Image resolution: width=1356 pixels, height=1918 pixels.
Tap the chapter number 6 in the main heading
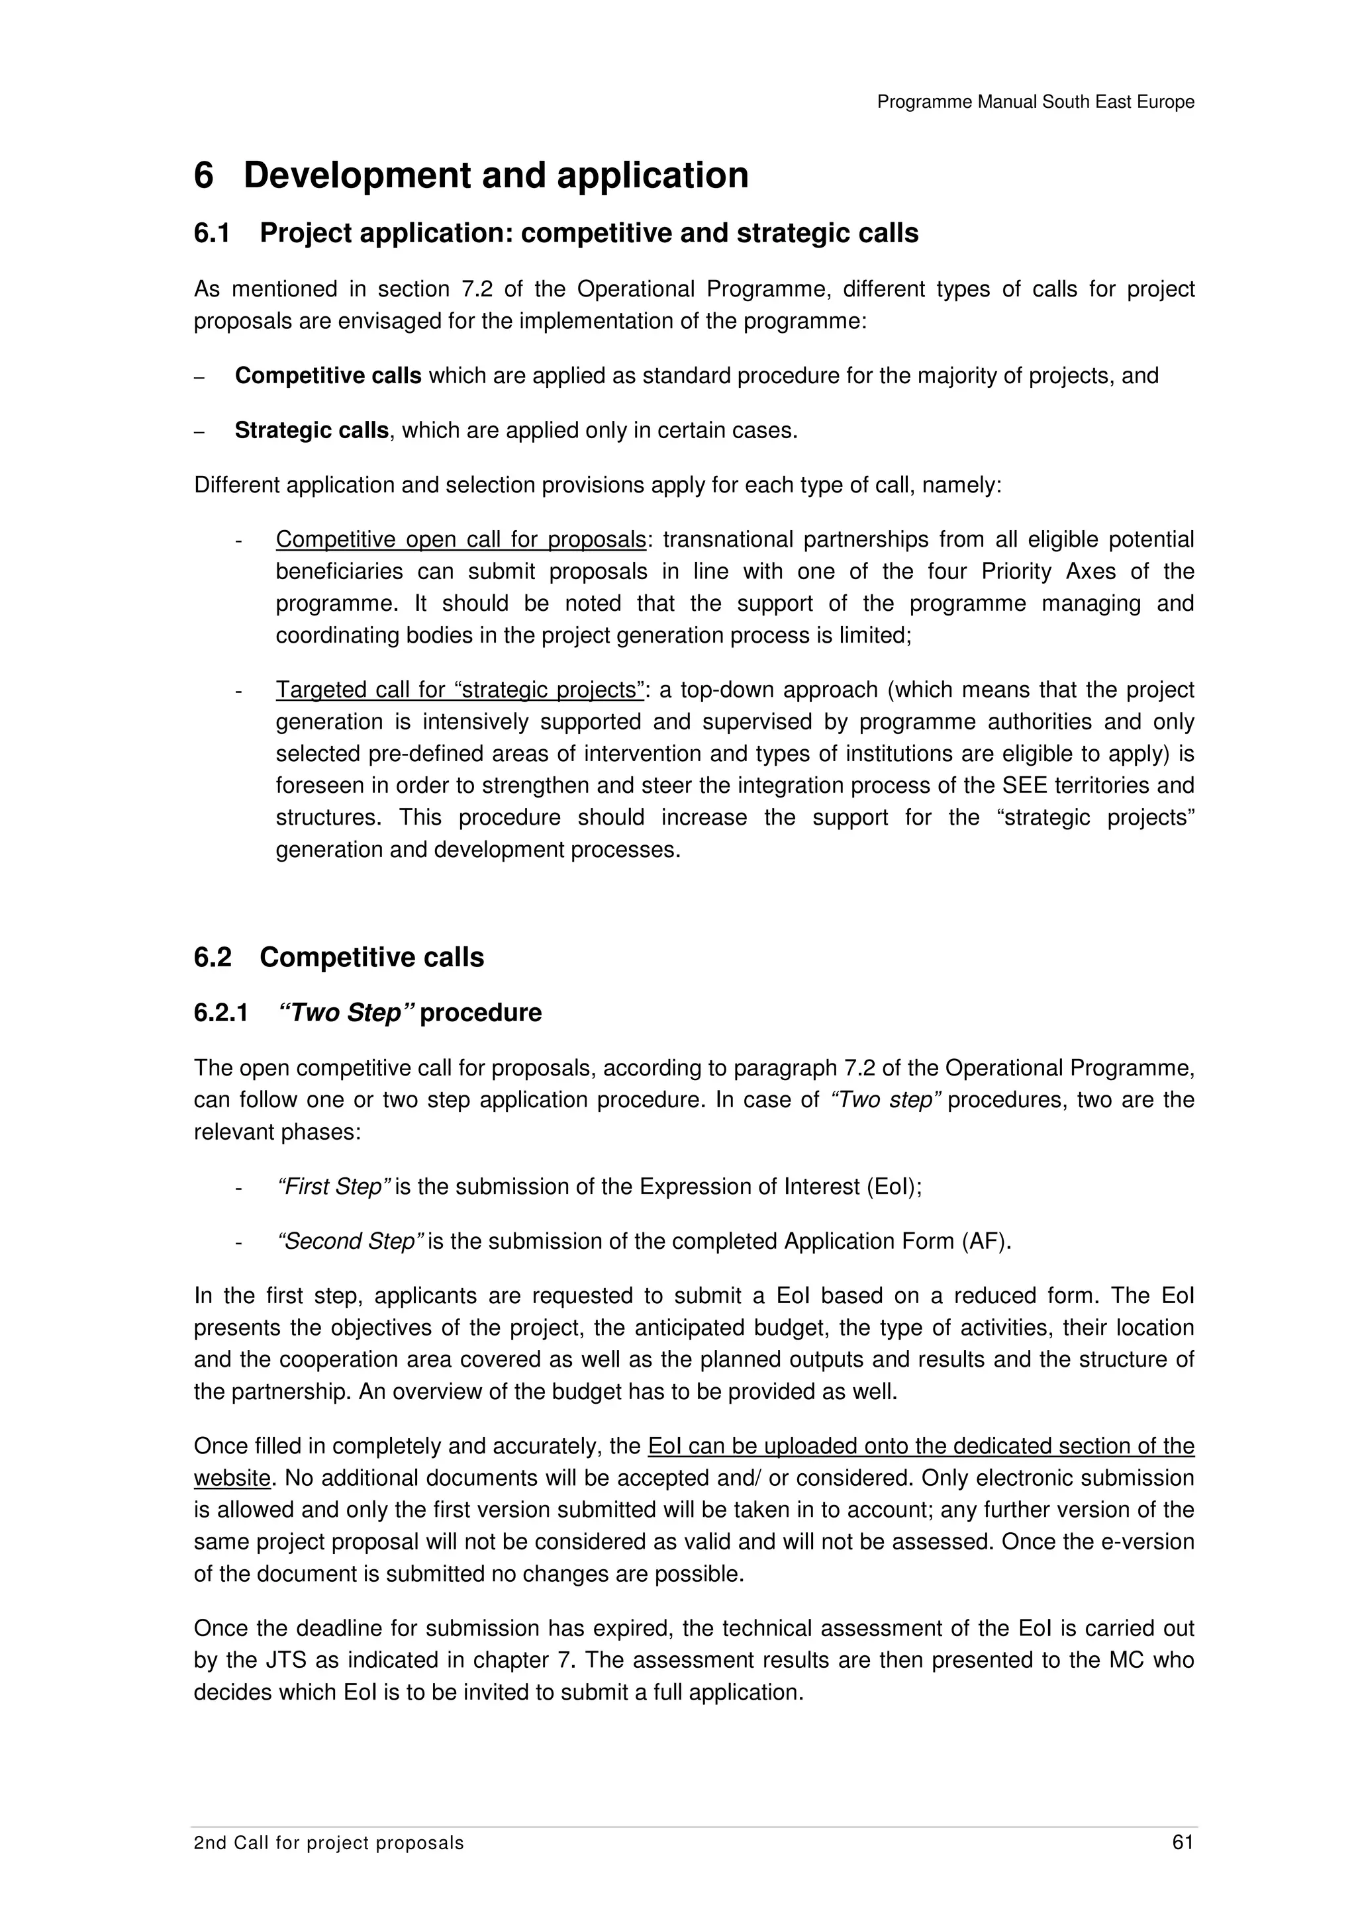204,175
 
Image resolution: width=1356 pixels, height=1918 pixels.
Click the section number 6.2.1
220,1013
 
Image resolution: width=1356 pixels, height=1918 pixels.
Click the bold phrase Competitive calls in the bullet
328,376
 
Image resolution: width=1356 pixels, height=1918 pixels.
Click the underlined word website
232,1478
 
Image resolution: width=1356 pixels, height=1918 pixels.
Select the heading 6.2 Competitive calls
338,956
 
